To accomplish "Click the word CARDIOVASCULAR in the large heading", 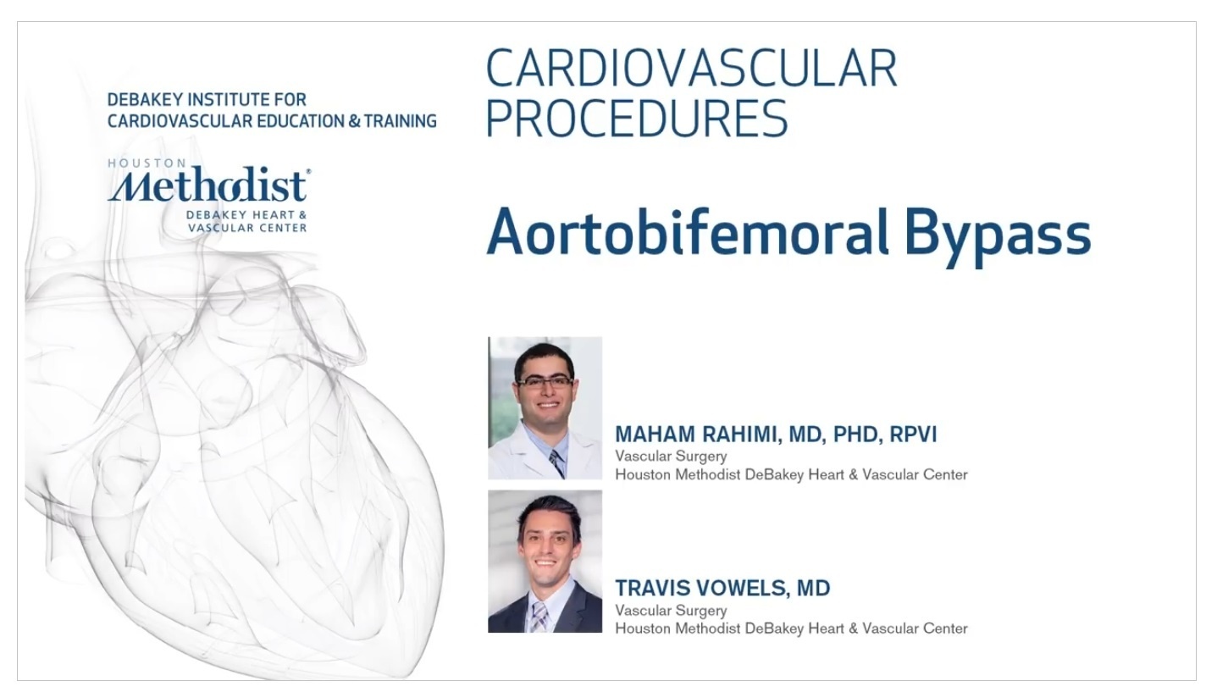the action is coord(692,69).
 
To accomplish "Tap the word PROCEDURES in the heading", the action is coord(637,119).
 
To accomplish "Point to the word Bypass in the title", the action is coord(998,237).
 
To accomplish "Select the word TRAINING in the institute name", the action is coord(400,121).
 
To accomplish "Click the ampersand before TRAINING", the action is coord(354,121).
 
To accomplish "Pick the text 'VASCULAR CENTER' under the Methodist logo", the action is coord(247,228).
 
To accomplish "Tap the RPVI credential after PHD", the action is coord(913,434).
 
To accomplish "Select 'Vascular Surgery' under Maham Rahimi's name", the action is coord(671,457).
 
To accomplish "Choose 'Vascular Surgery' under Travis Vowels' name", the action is coord(671,610).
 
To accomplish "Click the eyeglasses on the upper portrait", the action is coord(545,382).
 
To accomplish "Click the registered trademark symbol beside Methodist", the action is coord(308,172).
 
